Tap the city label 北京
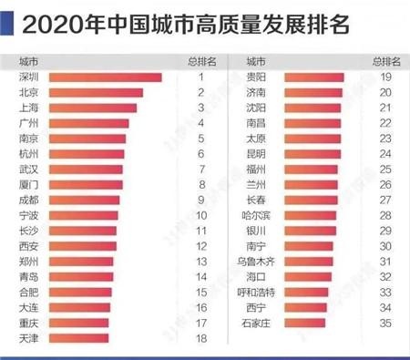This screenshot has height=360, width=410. (28, 93)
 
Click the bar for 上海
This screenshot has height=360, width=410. (92, 108)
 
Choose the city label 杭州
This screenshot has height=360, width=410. (28, 154)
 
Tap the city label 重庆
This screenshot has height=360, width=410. (28, 323)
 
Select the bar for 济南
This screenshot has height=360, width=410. (313, 93)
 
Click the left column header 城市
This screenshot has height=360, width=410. (28, 62)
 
